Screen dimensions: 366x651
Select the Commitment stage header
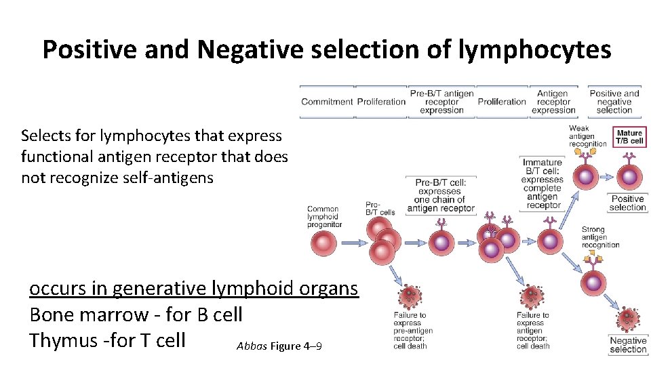327,102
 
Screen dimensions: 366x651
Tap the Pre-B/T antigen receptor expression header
441,102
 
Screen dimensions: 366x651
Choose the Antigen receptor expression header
553,102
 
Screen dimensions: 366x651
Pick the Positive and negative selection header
614,102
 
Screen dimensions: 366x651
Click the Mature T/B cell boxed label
629,137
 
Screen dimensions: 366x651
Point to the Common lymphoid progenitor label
324,217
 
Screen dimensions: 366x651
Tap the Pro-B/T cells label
380,208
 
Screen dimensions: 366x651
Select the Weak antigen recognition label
587,136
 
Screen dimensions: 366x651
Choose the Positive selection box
627,203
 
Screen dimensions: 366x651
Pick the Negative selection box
628,345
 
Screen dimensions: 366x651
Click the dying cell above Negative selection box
627,320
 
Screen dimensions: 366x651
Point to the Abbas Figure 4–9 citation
279,346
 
